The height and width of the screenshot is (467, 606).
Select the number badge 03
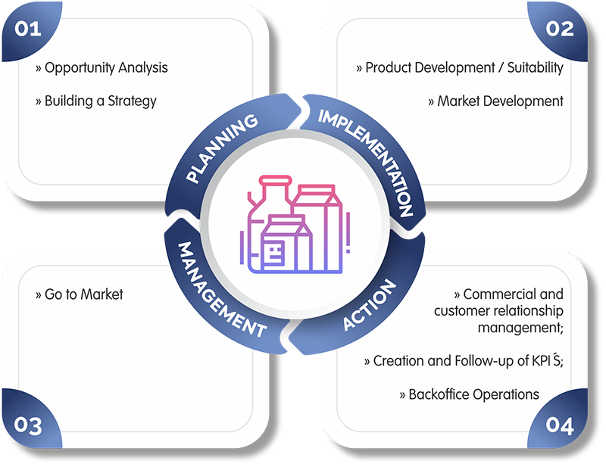coord(27,425)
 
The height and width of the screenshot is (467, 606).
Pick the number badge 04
coord(559,425)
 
